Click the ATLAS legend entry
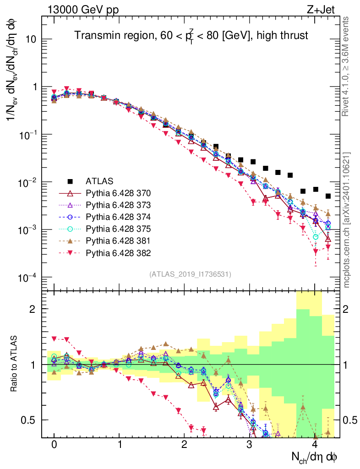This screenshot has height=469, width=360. tap(98, 180)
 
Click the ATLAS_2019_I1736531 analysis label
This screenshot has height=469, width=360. tap(190, 274)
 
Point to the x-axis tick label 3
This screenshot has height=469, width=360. tap(249, 445)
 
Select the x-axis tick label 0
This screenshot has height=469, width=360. tap(54, 445)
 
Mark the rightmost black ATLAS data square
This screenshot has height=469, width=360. tap(328, 196)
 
